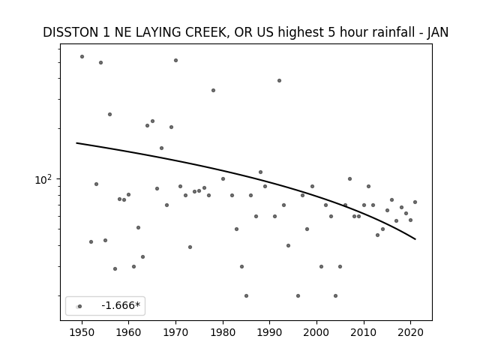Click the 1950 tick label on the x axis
82,332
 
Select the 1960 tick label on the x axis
128,332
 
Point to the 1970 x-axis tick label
175,332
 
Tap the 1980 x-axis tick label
223,332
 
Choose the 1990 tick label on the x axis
270,332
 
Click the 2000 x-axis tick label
316,332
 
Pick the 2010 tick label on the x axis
364,332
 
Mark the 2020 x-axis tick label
411,332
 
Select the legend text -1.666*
121,305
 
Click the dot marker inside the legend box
80,307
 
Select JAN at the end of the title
438,32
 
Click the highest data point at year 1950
82,57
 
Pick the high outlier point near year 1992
279,81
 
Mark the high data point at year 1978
213,90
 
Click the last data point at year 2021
415,202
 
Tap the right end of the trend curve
415,239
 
